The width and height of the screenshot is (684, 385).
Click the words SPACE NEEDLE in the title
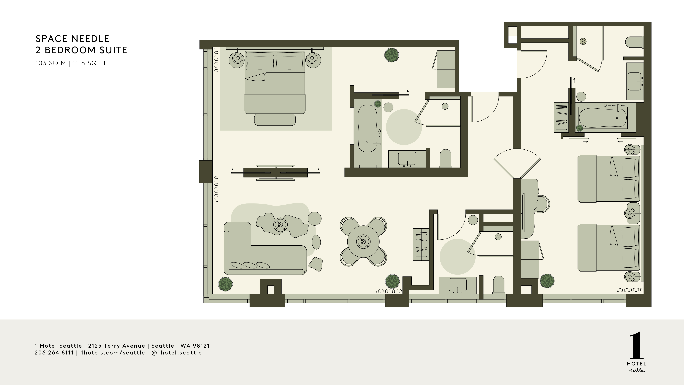click(x=72, y=39)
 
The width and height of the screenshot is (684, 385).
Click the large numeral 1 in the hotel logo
click(x=636, y=345)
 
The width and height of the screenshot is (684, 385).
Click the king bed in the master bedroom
click(x=275, y=82)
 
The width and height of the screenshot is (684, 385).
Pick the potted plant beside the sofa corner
click(x=225, y=284)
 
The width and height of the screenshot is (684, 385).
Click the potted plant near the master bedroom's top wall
click(x=392, y=55)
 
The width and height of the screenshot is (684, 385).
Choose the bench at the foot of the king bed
click(x=275, y=120)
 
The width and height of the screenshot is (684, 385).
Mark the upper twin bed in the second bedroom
click(x=608, y=179)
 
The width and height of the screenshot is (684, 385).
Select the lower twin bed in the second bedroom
click(x=608, y=248)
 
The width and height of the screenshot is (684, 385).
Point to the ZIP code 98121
click(x=201, y=346)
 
